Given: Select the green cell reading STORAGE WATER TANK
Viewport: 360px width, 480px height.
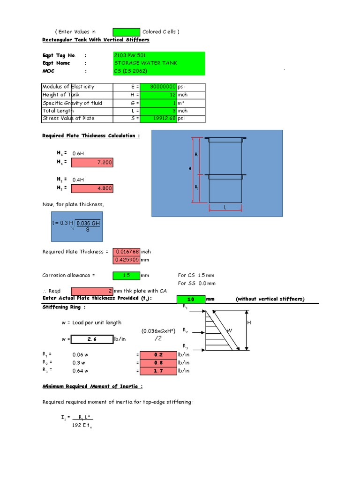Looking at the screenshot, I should pos(158,63).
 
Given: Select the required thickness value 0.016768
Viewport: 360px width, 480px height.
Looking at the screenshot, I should pos(126,252).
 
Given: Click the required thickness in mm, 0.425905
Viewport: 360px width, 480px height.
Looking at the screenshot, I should pos(126,260).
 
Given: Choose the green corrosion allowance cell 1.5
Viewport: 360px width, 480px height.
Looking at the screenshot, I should pos(126,276).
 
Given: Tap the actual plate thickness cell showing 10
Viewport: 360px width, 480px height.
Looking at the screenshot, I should pos(191,299).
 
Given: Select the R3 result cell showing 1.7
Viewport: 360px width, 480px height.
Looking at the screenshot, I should pos(158,371).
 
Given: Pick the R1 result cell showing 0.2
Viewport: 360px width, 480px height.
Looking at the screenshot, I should pos(158,355).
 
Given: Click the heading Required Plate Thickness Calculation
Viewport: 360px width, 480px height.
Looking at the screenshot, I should pos(91,136).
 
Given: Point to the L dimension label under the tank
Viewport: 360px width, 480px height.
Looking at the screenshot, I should pos(225,207).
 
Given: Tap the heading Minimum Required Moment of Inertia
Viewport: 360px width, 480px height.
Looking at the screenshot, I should pos(93,387).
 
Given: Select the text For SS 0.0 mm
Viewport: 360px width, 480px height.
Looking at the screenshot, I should pos(196,284).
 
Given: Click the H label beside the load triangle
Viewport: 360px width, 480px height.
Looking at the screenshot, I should pos(249,323).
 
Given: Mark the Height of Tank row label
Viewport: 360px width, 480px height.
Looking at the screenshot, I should pos(61,95).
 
